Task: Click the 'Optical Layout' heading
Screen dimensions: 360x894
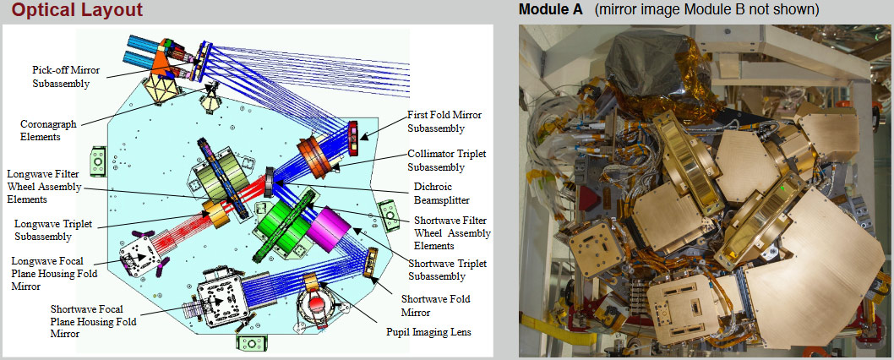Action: (77, 11)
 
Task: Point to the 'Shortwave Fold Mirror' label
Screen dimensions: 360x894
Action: (435, 304)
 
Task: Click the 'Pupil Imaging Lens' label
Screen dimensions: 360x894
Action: (428, 332)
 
